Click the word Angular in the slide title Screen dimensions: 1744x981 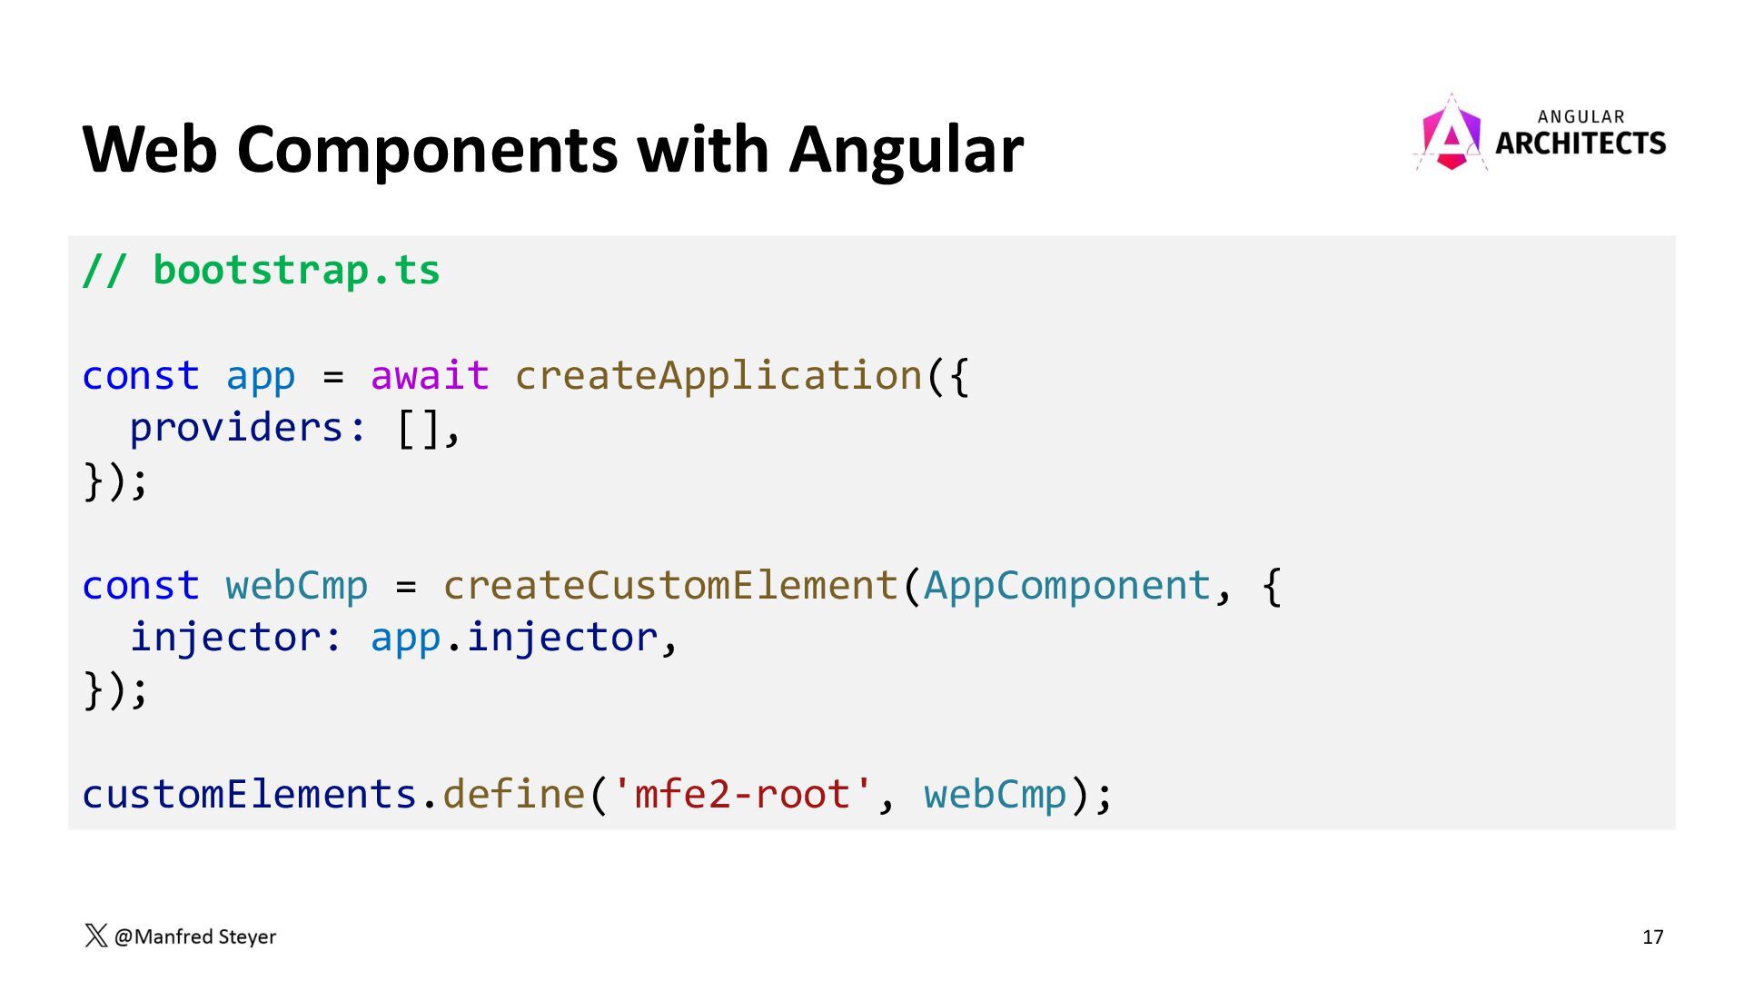(906, 150)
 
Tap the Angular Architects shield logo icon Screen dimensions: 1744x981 (1451, 134)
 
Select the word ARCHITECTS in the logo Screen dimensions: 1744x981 (1580, 144)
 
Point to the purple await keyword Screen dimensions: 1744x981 (430, 376)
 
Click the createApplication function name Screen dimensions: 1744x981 (718, 376)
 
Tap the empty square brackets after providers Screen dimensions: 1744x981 (418, 428)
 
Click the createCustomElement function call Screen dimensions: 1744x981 (670, 586)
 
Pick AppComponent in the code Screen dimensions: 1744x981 (1067, 586)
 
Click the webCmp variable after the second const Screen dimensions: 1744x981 (297, 586)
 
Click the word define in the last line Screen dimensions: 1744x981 (513, 795)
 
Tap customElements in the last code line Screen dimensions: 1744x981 (249, 795)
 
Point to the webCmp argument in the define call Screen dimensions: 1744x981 (995, 795)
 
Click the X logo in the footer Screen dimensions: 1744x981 (95, 936)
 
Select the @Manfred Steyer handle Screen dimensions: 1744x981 (195, 936)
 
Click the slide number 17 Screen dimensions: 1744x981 (1652, 936)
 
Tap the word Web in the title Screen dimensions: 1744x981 (150, 150)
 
